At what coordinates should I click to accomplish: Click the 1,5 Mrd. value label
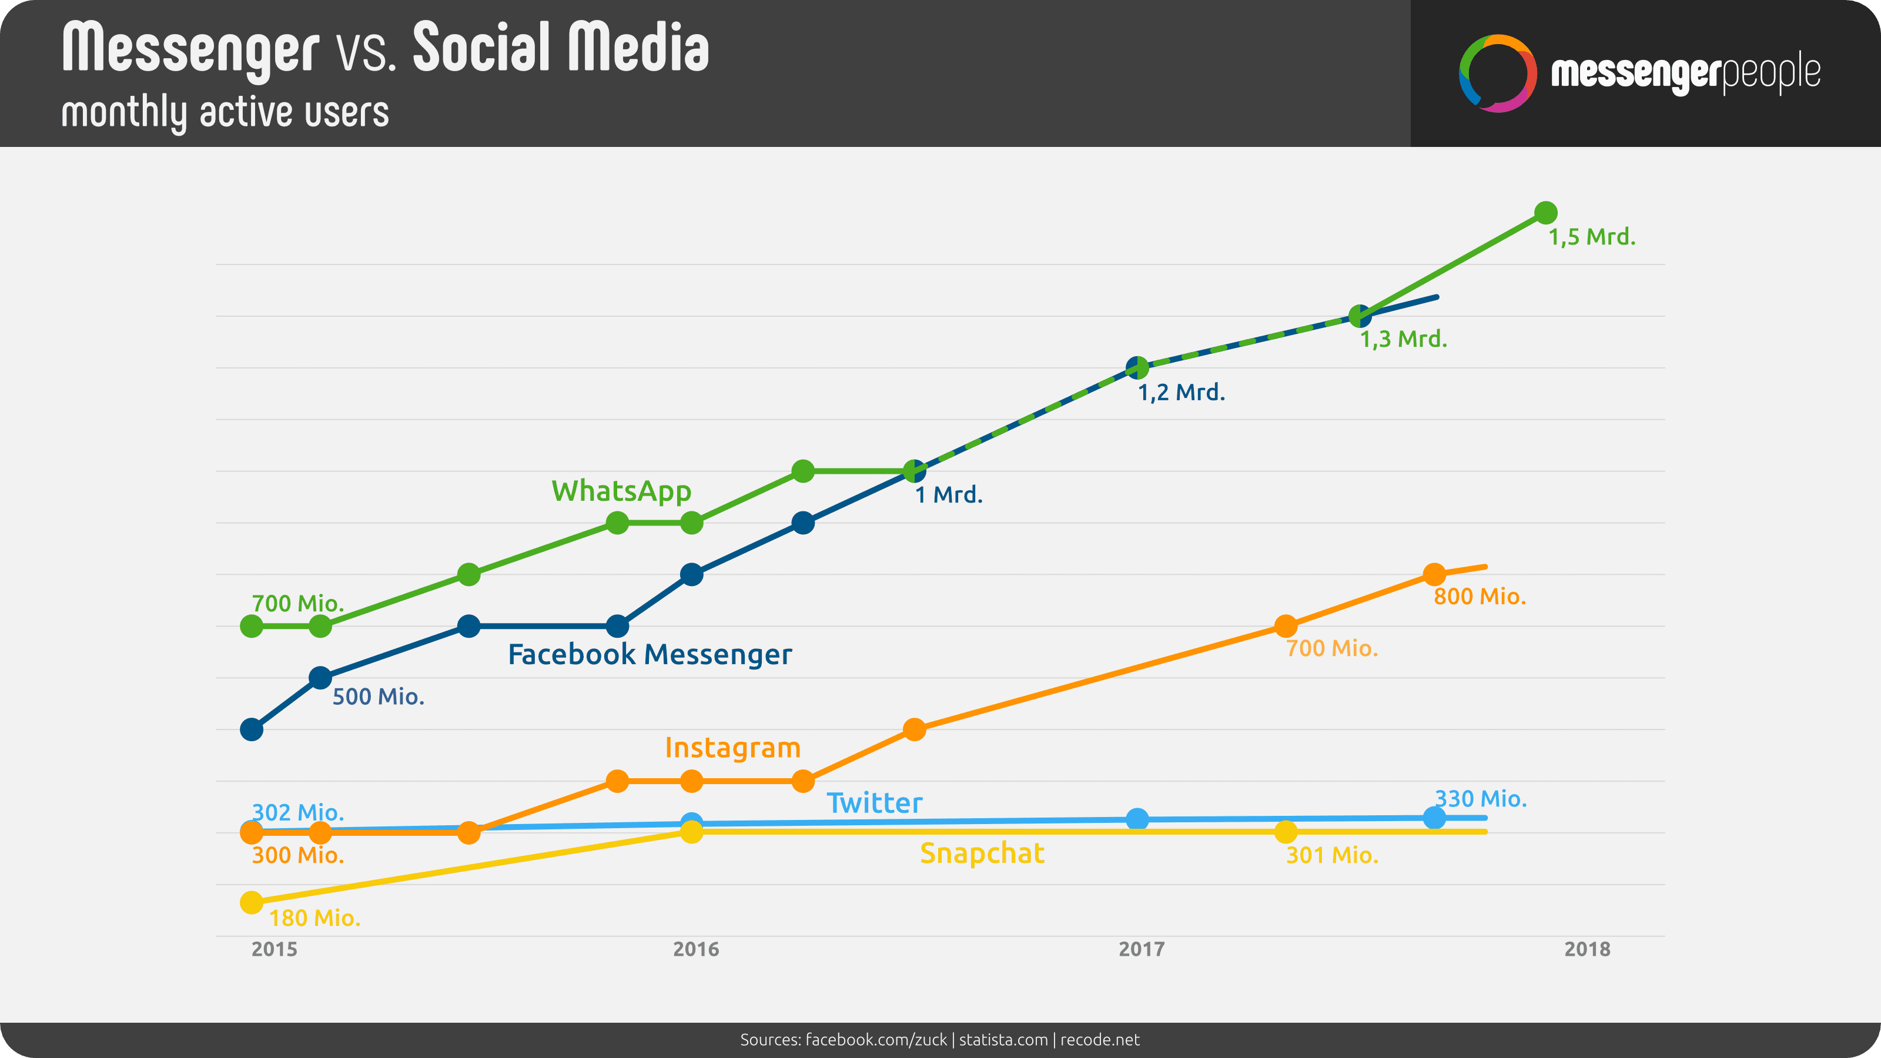[x=1592, y=237]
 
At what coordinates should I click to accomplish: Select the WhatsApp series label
[x=621, y=491]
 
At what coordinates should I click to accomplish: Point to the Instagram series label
[x=732, y=748]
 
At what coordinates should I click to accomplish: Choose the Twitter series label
[x=874, y=803]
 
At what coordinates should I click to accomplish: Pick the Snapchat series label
[x=982, y=853]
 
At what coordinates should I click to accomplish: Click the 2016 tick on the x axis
[x=696, y=949]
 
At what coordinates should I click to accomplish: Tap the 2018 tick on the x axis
[x=1587, y=949]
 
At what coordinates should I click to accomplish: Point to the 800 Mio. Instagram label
[x=1480, y=597]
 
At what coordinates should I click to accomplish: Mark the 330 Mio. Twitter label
[x=1480, y=799]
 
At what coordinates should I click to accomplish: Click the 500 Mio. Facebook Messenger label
[x=378, y=697]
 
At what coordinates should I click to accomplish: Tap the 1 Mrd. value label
[x=949, y=495]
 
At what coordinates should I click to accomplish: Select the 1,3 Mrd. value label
[x=1403, y=340]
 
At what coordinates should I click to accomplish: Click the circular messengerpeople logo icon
[x=1497, y=73]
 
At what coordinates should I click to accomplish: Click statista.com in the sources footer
[x=1003, y=1040]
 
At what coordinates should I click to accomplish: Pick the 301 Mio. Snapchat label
[x=1332, y=855]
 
